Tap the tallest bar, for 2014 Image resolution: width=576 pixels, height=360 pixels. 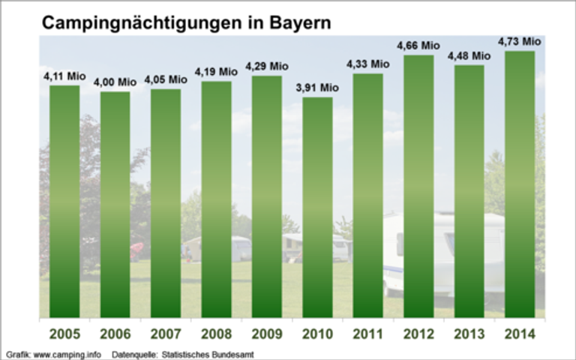pyautogui.click(x=520, y=184)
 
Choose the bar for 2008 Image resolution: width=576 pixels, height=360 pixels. pyautogui.click(x=216, y=199)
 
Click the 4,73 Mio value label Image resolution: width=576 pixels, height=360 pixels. pyautogui.click(x=520, y=41)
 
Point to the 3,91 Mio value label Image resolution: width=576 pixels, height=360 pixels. pyautogui.click(x=317, y=88)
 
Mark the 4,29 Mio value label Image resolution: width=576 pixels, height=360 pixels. pyautogui.click(x=267, y=67)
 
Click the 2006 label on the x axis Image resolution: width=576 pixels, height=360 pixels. pyautogui.click(x=115, y=334)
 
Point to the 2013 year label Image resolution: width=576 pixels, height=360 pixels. pyautogui.click(x=469, y=334)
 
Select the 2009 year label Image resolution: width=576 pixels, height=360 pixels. pyautogui.click(x=267, y=334)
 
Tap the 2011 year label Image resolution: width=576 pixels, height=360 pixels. pyautogui.click(x=368, y=334)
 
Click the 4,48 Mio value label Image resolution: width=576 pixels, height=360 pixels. pyautogui.click(x=469, y=55)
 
